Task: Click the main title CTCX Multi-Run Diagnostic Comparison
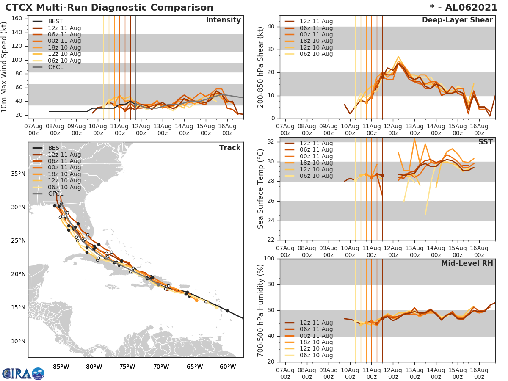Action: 109,8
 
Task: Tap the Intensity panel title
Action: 223,20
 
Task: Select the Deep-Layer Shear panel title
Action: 457,20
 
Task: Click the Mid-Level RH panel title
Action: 467,263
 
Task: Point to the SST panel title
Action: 485,142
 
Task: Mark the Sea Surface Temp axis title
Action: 261,188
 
